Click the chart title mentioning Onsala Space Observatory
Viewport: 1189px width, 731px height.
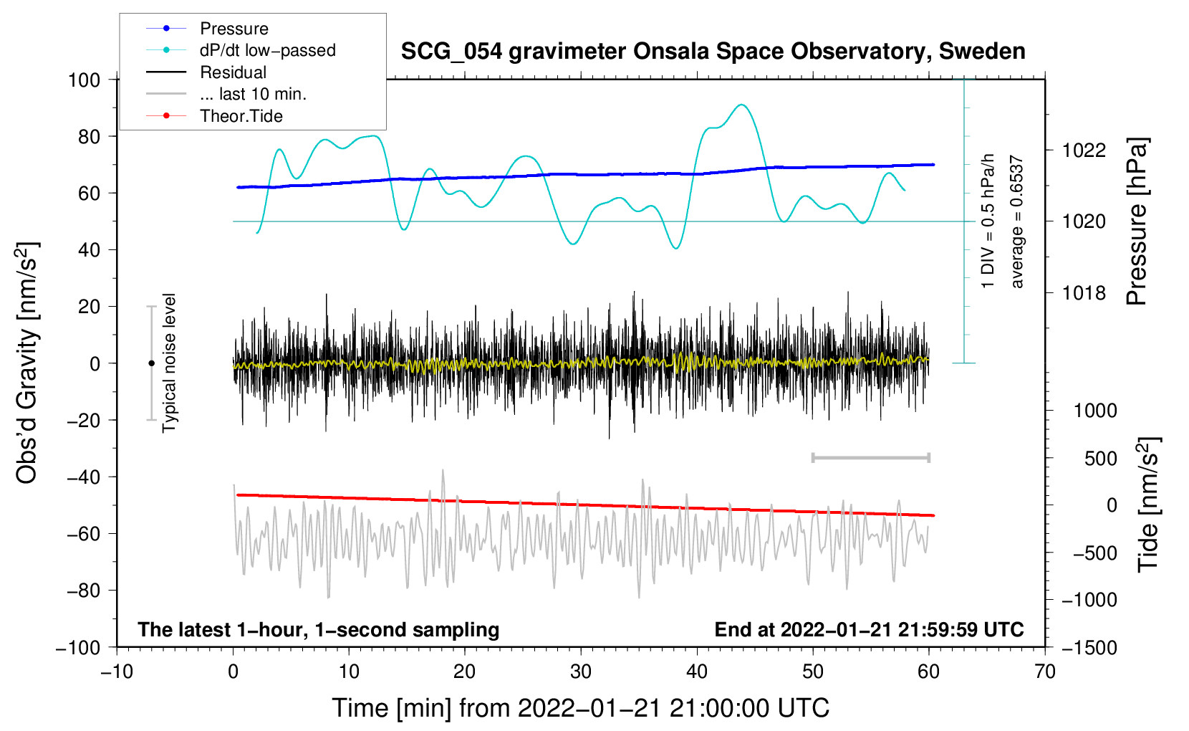point(713,52)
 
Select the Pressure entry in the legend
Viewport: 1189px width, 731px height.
point(234,29)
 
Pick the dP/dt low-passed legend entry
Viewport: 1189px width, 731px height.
point(267,50)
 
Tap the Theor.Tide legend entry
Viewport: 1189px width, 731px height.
point(241,116)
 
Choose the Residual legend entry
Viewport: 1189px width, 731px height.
point(233,72)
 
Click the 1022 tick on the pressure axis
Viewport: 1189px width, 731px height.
point(1084,150)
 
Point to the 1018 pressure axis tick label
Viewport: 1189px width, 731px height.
point(1084,293)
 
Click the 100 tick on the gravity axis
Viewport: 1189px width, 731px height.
point(84,80)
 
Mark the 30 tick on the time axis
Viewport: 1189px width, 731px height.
point(581,672)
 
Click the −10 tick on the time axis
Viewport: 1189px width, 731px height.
point(117,672)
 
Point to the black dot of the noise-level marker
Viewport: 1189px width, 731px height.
point(151,363)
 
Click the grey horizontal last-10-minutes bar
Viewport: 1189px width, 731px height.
point(870,457)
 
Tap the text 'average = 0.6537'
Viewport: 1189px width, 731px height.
point(1017,222)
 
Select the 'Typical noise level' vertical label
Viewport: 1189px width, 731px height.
point(169,363)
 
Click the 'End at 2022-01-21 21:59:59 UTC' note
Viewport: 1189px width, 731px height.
point(869,629)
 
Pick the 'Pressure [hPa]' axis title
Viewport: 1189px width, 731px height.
point(1137,222)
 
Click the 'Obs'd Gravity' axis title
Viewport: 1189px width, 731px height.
point(27,363)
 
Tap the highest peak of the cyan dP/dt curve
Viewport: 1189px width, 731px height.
point(742,105)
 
